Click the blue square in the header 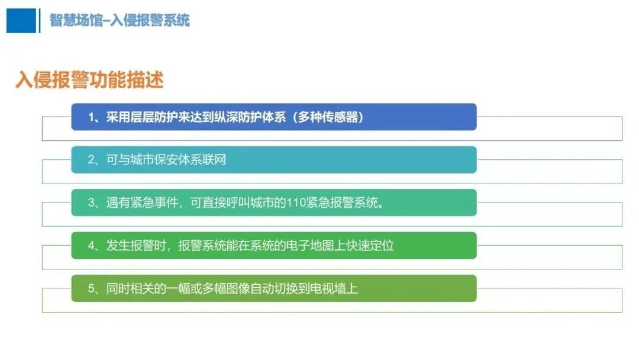coord(21,21)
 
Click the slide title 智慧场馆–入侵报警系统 coord(120,21)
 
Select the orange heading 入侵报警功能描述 coord(89,80)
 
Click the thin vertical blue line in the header coord(40,21)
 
